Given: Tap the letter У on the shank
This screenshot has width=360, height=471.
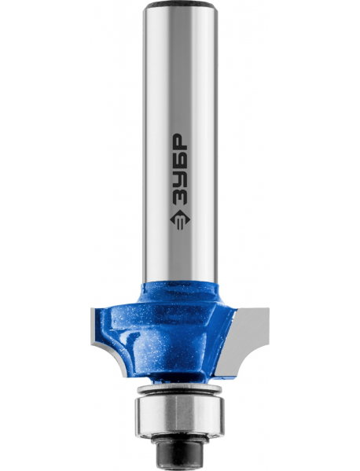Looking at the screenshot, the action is (x=179, y=181).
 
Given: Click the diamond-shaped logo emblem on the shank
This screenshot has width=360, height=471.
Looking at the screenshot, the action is (x=179, y=219).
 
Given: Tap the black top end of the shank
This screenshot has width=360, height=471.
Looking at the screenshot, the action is (x=180, y=5).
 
